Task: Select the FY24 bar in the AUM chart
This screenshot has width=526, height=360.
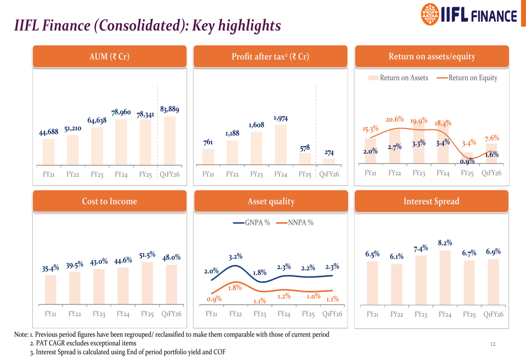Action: [x=121, y=142]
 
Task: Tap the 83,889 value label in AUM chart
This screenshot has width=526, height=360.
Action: [x=169, y=109]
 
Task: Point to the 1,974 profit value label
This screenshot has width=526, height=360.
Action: [x=281, y=119]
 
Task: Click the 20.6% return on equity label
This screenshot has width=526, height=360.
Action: [x=394, y=120]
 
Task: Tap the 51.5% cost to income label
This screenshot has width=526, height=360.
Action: [x=147, y=255]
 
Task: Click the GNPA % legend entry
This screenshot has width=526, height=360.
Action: [x=251, y=223]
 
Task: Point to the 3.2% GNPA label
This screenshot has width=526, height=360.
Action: [x=236, y=256]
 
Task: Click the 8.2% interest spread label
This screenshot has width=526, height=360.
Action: [x=445, y=243]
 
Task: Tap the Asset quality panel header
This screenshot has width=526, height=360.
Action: [x=271, y=201]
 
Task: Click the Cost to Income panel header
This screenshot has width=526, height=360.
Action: [x=109, y=201]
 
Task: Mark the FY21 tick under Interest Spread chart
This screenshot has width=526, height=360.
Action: [x=372, y=314]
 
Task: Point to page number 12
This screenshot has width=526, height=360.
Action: [x=493, y=344]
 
